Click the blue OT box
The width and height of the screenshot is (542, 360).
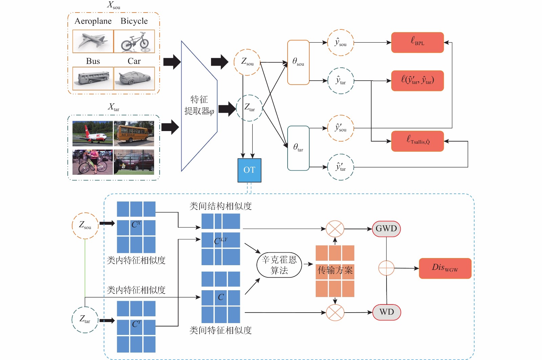(x=249, y=170)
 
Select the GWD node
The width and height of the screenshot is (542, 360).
(x=386, y=229)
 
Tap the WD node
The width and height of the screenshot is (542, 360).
(x=387, y=312)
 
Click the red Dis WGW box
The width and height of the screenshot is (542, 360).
(x=445, y=268)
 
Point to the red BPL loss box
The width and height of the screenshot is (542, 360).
(x=417, y=42)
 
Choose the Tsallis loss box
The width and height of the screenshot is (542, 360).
(x=417, y=141)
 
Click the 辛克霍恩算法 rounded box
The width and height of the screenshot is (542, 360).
(x=279, y=265)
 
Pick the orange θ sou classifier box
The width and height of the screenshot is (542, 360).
(x=298, y=62)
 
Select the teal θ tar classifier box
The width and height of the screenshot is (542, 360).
(x=298, y=148)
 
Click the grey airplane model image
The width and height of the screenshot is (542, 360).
(x=93, y=41)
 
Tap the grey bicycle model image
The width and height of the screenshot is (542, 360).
(x=134, y=41)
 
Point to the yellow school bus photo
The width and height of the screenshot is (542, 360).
(x=134, y=133)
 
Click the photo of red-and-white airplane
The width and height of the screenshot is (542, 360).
(x=92, y=133)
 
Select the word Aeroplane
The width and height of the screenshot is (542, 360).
(x=93, y=21)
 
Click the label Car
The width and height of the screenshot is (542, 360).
(x=134, y=61)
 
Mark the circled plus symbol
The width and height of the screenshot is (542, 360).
(x=386, y=268)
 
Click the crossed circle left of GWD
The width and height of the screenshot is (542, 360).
(x=335, y=229)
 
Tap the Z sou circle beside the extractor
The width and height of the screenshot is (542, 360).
(x=247, y=62)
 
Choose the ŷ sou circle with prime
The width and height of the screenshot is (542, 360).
(x=340, y=128)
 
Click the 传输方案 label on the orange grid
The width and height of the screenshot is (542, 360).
(x=335, y=270)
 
